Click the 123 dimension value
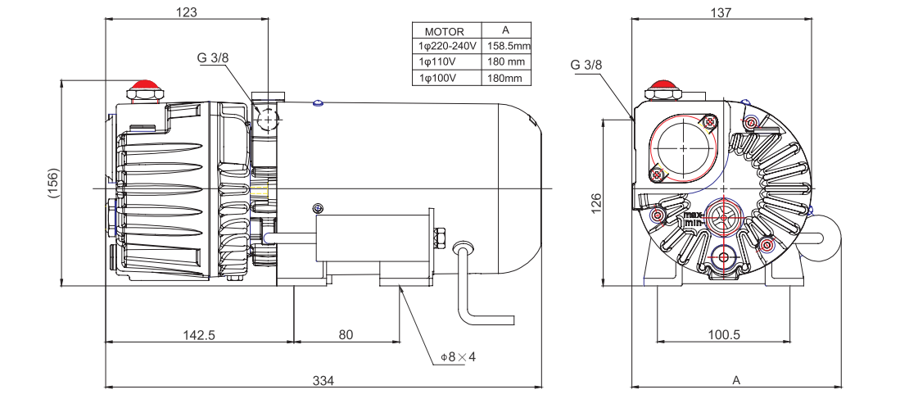[188, 12]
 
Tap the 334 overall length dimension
[323, 380]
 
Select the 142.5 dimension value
[197, 334]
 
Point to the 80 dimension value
[346, 334]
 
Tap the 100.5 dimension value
[723, 334]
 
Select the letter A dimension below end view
[735, 380]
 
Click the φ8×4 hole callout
[458, 357]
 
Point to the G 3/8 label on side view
[212, 58]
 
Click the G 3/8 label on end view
[586, 65]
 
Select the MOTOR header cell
[445, 31]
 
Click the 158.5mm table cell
[509, 46]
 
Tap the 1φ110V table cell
[448, 62]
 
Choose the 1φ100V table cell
[448, 78]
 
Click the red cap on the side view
[145, 86]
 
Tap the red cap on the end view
[662, 85]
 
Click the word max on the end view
[693, 215]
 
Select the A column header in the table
[508, 30]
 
